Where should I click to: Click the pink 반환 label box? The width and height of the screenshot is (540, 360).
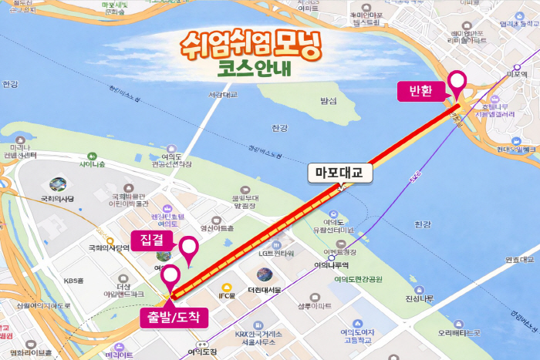point(421,92)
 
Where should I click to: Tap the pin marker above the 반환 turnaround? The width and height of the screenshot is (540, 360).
point(457,82)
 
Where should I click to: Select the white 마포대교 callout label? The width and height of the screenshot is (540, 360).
point(339,173)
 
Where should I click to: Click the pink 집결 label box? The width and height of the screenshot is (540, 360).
point(152,241)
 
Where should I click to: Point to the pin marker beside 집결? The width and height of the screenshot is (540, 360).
point(188,248)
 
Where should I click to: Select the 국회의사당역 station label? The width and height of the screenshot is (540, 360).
point(107,248)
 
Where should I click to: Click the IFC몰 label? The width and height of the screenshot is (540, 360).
point(226,294)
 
